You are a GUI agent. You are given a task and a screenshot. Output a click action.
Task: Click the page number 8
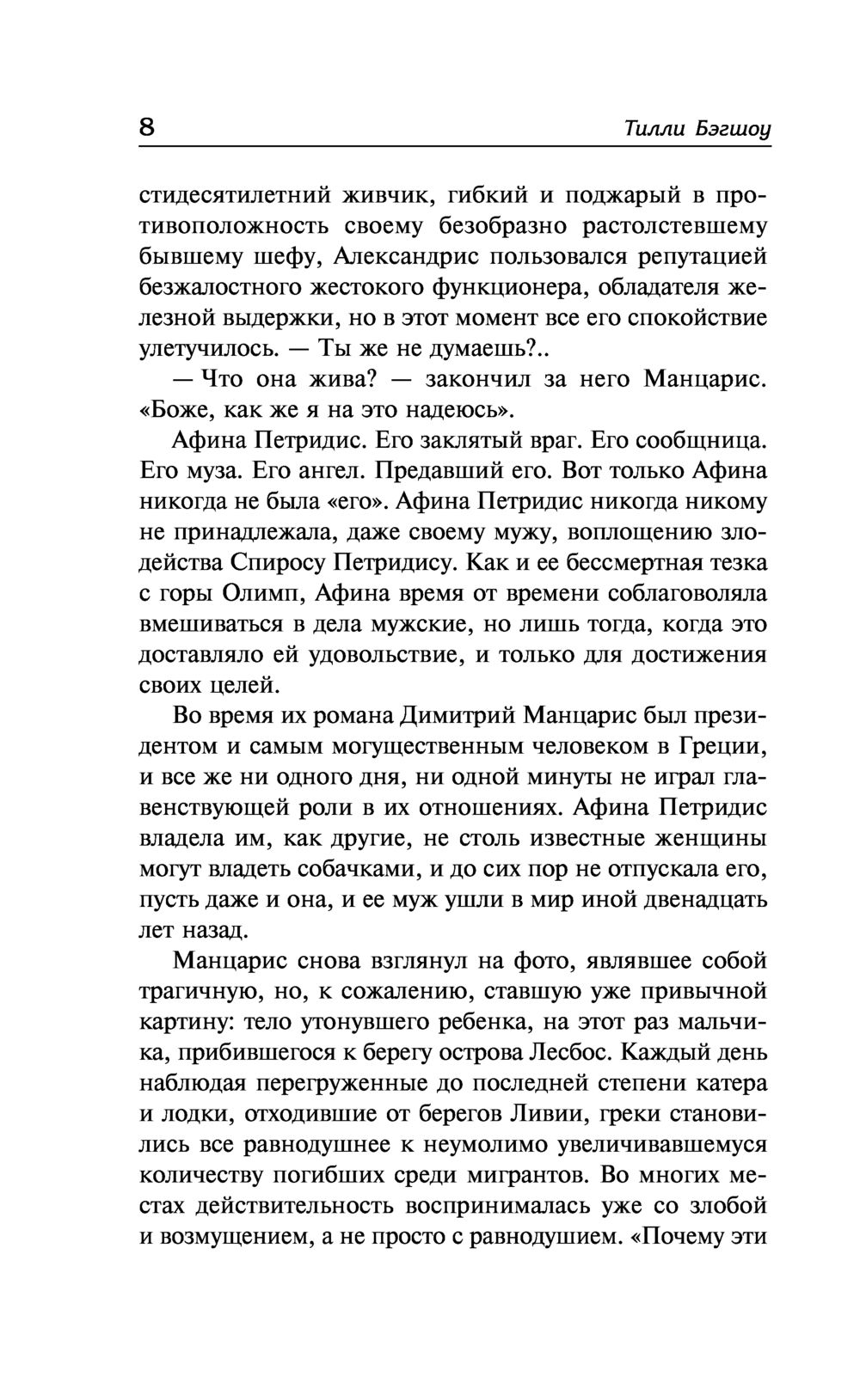click(146, 128)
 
